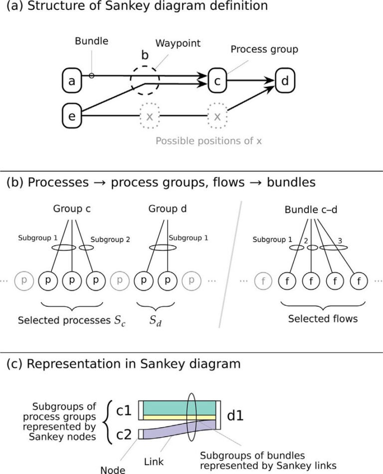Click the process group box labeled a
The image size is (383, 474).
point(72,81)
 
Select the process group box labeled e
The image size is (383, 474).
point(72,116)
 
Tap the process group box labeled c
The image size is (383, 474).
point(217,81)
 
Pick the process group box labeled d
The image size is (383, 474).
point(285,81)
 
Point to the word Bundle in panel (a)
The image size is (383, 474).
point(91,41)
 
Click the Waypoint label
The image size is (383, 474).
point(178,43)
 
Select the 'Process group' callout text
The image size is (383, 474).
point(264,49)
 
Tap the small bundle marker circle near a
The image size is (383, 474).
point(91,76)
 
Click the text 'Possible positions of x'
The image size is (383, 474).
point(208,141)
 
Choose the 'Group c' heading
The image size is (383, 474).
point(72,209)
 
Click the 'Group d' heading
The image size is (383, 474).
point(168,209)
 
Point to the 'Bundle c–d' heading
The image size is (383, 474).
point(311,210)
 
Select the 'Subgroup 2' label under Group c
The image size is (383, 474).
point(110,239)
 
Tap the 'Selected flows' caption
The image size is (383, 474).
point(323,319)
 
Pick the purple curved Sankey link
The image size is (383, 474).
point(180,429)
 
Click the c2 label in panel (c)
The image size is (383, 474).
point(124,435)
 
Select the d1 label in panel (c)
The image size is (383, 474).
point(235,416)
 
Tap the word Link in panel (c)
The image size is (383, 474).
point(154,462)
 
